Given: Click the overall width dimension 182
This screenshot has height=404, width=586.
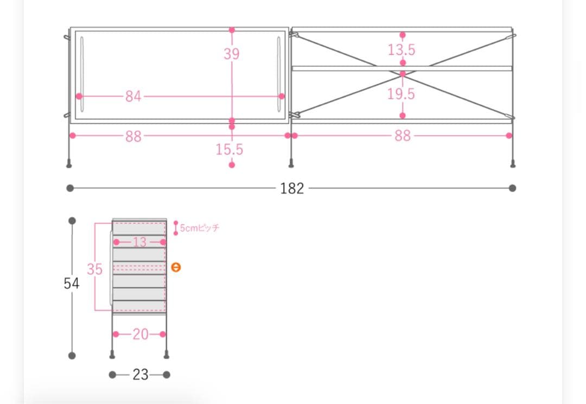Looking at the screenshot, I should [292, 188].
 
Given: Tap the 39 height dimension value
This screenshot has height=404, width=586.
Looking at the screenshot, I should [232, 54].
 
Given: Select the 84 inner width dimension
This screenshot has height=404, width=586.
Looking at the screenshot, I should [133, 96].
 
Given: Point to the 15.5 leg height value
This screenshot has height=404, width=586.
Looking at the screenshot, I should [230, 149].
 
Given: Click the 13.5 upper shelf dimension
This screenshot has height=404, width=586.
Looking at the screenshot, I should [402, 50].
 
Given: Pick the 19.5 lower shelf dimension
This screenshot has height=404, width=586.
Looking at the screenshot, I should [401, 94].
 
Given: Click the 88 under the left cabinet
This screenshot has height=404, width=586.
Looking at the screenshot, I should [133, 136].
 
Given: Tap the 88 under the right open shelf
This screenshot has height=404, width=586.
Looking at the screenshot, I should [402, 136].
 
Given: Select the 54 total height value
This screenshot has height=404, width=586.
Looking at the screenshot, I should [71, 283].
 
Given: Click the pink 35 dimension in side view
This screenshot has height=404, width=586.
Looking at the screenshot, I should [95, 269].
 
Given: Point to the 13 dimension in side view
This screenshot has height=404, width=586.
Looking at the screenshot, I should [139, 242].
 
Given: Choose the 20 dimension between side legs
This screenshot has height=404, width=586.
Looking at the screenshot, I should [140, 334].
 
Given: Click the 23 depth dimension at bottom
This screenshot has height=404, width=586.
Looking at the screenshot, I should [140, 375].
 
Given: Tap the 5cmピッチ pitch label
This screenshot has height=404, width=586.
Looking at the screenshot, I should [199, 228].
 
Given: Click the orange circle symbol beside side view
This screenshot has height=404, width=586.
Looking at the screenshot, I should [175, 267].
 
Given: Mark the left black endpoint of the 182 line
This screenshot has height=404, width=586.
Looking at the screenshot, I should [70, 188].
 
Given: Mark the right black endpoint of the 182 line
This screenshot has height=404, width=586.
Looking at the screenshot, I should [513, 188].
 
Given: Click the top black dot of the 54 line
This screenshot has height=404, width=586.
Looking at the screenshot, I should [72, 221].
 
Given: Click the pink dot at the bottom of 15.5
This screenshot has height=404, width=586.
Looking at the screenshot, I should [232, 165].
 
